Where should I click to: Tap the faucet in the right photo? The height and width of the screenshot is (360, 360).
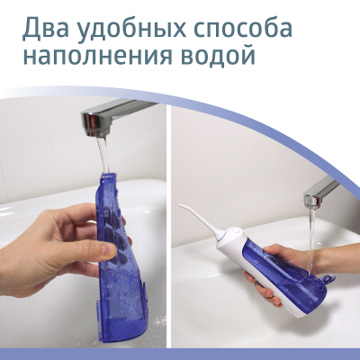(320, 188)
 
